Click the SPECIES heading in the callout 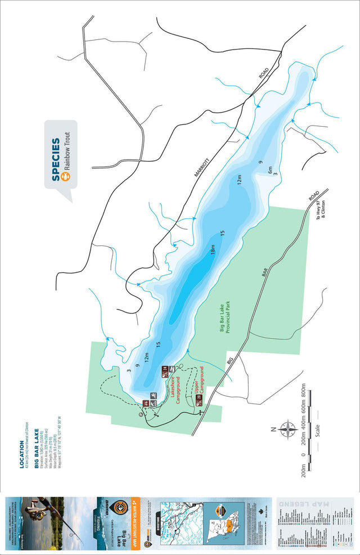(x=56, y=159)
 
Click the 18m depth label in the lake (x=213, y=248)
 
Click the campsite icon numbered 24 (x=164, y=370)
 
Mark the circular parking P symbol (x=139, y=415)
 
